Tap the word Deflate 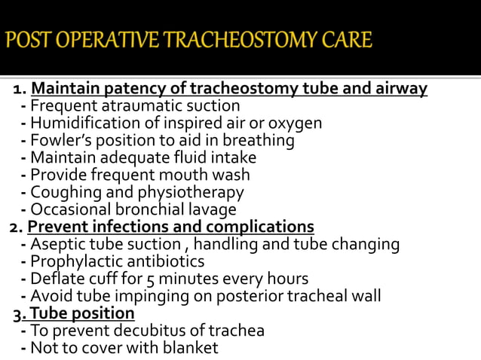pos(58,279)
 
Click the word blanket pos(188,348)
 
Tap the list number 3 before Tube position pos(19,313)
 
